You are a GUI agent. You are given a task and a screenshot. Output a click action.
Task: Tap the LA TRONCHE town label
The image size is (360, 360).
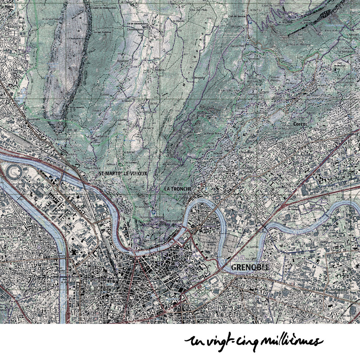point(178,189)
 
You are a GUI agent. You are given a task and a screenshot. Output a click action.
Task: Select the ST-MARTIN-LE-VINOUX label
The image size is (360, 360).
point(123,174)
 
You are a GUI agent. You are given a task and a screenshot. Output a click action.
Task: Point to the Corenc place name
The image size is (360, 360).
point(300,124)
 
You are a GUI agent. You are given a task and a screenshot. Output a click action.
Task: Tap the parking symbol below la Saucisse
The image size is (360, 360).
point(153,212)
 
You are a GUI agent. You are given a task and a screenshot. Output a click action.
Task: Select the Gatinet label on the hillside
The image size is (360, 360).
point(105,94)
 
